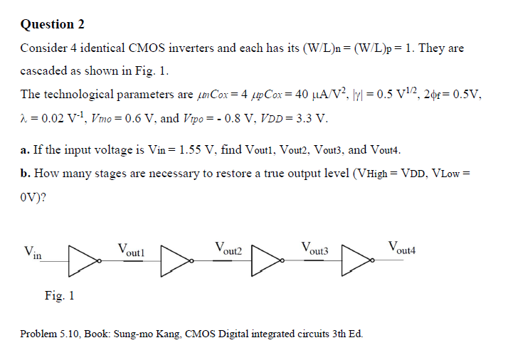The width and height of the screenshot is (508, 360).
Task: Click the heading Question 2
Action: (x=53, y=25)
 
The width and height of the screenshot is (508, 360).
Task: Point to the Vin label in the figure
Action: (x=33, y=252)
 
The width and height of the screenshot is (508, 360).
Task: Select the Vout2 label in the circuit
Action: (x=228, y=249)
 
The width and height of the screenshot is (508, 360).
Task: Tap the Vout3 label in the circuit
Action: (x=315, y=249)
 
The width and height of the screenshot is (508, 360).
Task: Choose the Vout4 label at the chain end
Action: (x=402, y=249)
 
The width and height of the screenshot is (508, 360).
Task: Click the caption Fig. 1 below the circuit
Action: (x=59, y=295)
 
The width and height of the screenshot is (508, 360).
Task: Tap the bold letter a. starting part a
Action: (x=25, y=150)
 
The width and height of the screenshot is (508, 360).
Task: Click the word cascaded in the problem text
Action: (x=43, y=72)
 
